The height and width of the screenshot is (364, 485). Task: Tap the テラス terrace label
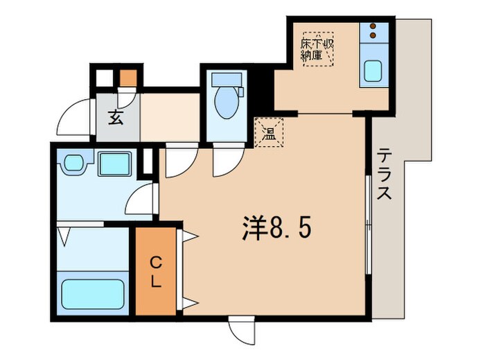pos(385,173)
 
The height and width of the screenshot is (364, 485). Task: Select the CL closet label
pos(157,272)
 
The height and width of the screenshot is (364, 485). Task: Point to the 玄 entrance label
pos(115,118)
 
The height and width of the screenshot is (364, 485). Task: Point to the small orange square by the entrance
pos(127,78)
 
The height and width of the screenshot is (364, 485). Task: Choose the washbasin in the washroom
pos(72,164)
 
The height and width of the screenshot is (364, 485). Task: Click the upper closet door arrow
pos(189,236)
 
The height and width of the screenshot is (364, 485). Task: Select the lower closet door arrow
pos(189,302)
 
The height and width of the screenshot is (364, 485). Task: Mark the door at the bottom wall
pos(242,329)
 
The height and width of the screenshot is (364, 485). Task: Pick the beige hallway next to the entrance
pos(170,119)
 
